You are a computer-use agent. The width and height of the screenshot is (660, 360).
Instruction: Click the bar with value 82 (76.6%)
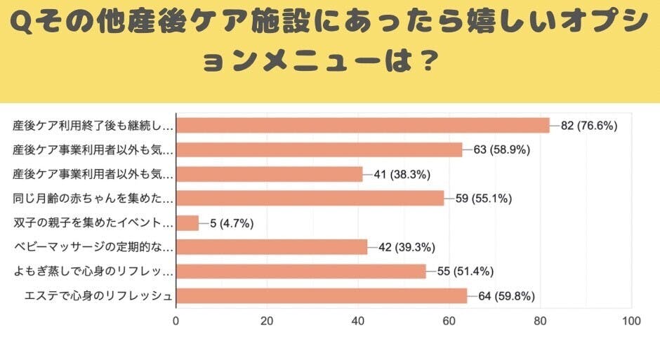click(x=362, y=125)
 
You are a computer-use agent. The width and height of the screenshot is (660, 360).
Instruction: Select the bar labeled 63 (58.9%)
click(x=319, y=149)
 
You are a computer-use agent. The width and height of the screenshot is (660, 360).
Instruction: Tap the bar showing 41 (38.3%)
click(x=269, y=174)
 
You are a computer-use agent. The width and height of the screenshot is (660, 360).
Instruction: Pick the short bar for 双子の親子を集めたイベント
click(x=187, y=223)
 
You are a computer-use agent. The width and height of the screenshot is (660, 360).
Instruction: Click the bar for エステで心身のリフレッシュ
click(x=321, y=296)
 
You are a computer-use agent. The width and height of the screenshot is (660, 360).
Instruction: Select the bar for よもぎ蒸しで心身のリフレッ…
click(x=301, y=272)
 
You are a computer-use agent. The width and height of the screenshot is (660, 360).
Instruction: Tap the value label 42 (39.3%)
click(x=407, y=247)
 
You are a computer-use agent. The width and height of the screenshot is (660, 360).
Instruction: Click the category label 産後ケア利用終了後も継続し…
click(x=93, y=126)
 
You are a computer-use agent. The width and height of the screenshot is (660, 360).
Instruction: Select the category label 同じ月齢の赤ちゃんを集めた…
click(x=93, y=199)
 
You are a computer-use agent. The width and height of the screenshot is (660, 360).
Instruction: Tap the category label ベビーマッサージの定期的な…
click(x=93, y=247)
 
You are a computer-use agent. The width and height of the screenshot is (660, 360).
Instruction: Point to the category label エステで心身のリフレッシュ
click(x=93, y=296)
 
